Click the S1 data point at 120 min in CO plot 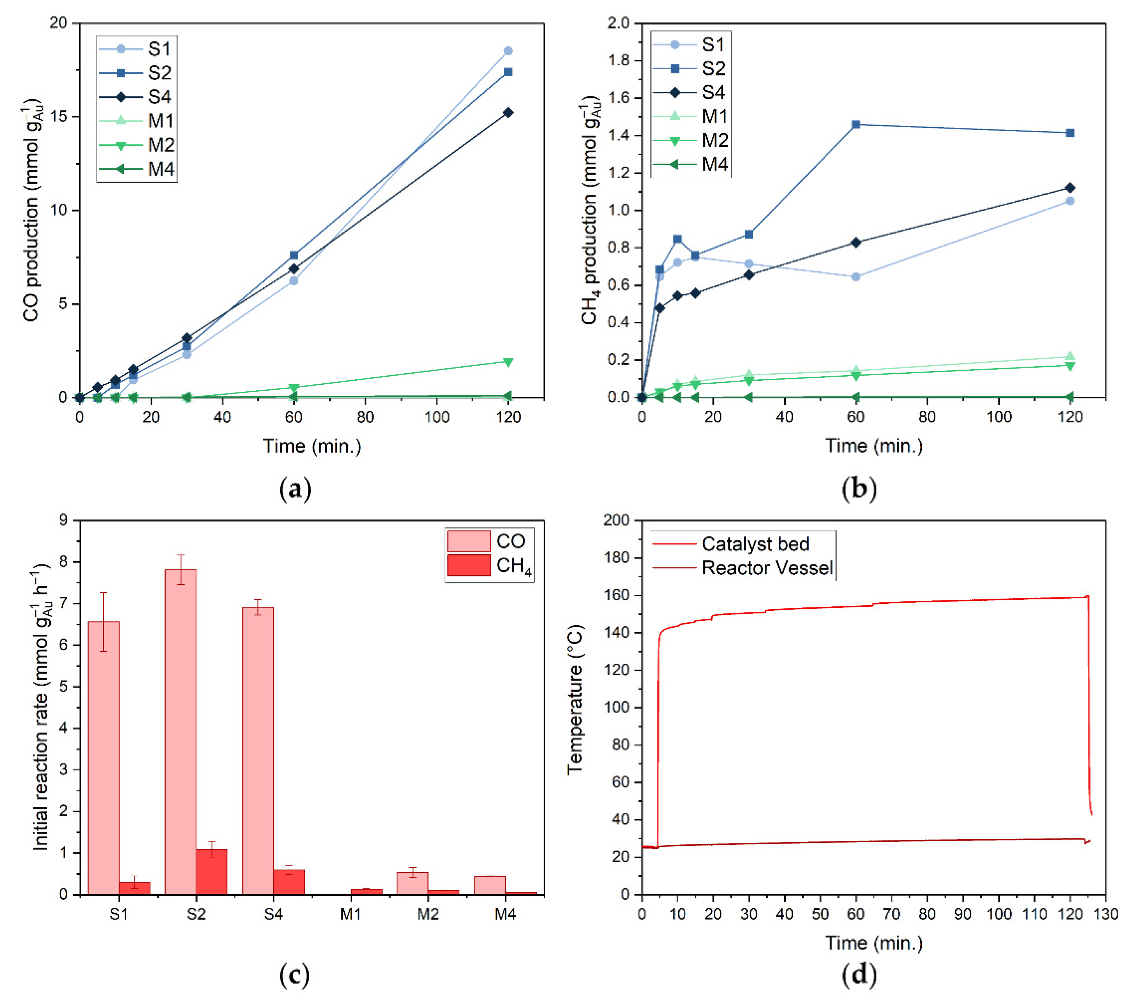(x=508, y=51)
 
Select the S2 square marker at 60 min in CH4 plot (x=855, y=125)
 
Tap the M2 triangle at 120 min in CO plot (x=508, y=362)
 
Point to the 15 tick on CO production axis (x=60, y=117)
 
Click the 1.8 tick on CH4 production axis (x=618, y=61)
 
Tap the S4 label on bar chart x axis (x=274, y=915)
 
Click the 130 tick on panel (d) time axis (x=1105, y=915)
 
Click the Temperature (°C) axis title (x=575, y=699)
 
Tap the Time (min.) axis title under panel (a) (x=312, y=446)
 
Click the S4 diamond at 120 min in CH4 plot (x=1070, y=188)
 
